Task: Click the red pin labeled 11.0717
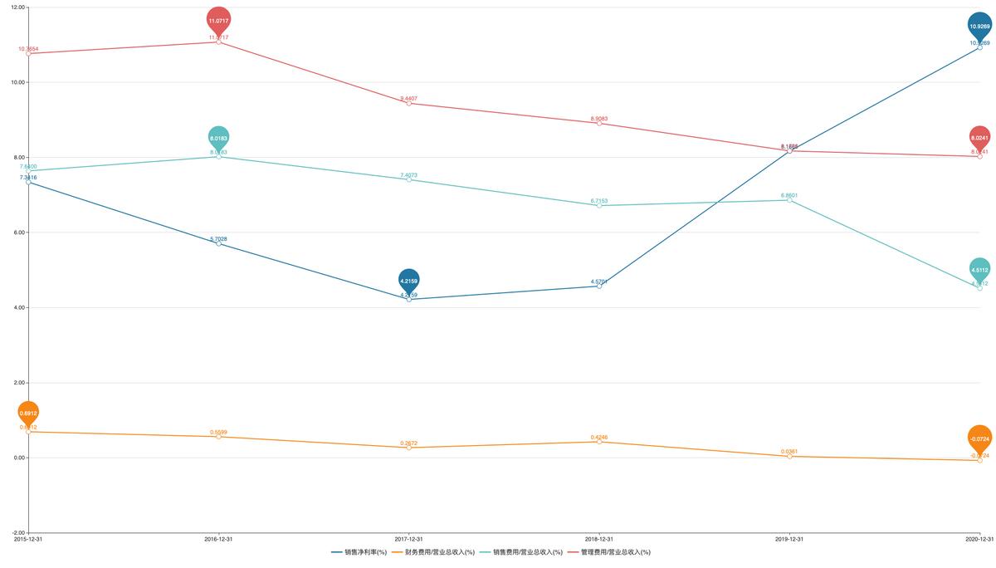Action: tap(218, 21)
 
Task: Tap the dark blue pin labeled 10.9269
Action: tap(979, 26)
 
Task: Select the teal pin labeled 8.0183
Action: tap(218, 138)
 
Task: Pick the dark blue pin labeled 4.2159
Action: tap(408, 281)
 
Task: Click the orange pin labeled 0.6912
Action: tap(28, 413)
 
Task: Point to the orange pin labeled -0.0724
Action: tap(979, 438)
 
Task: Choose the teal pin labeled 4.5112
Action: tap(979, 269)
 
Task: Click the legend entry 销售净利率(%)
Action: tap(359, 552)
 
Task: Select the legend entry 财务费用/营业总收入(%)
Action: tap(433, 552)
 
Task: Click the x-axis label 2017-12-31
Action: tap(408, 540)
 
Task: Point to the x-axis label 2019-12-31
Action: tap(789, 540)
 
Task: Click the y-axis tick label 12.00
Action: tap(17, 7)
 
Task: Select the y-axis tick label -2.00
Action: tap(17, 533)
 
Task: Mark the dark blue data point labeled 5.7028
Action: tap(218, 243)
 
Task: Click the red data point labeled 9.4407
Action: tap(408, 103)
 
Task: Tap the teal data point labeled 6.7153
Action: tap(599, 205)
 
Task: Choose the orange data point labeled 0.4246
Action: tap(599, 442)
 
